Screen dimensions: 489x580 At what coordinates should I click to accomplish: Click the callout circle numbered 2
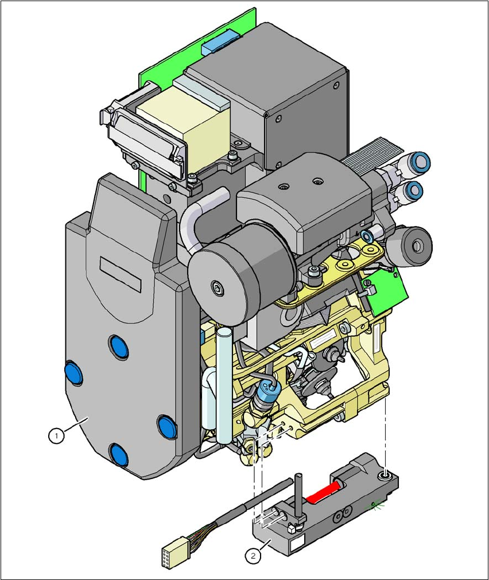(x=252, y=555)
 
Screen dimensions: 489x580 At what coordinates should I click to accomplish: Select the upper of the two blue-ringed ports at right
(x=421, y=162)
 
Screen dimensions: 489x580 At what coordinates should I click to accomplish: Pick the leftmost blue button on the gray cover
(x=74, y=373)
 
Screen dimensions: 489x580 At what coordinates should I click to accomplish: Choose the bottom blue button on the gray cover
(x=119, y=454)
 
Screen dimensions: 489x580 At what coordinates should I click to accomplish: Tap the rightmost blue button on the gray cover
(x=166, y=426)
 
